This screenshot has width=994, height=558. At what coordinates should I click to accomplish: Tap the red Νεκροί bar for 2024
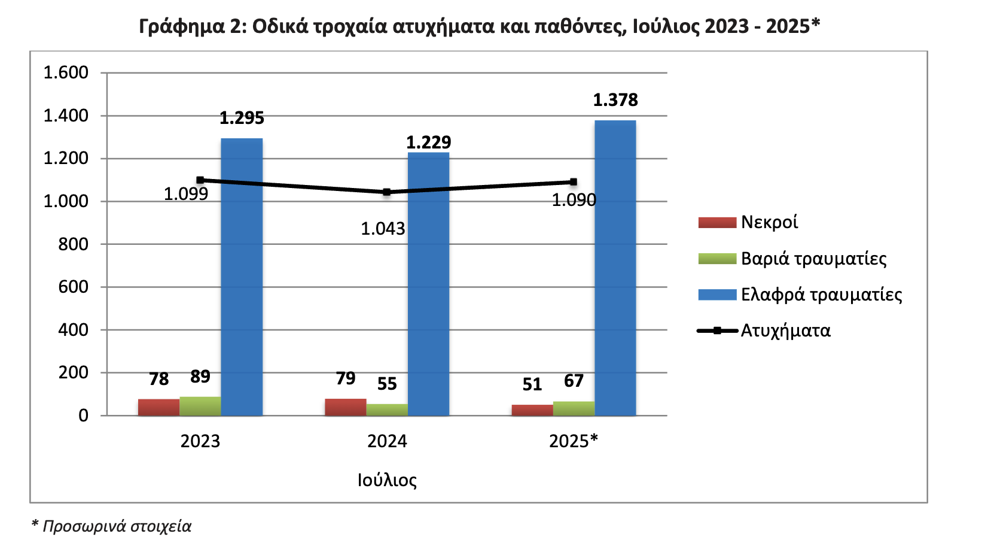[x=345, y=407]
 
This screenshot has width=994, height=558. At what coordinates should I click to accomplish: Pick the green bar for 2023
[x=200, y=406]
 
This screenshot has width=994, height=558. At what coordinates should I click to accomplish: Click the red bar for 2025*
[x=532, y=410]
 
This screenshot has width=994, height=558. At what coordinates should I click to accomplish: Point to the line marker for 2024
[x=386, y=192]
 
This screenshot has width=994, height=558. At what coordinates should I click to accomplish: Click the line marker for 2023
[x=200, y=180]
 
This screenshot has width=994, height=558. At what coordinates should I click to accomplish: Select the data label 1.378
[x=615, y=100]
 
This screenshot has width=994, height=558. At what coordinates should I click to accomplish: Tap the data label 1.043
[x=383, y=229]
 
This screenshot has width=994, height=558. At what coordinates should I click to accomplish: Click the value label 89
[x=200, y=377]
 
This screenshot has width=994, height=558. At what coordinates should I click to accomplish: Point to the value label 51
[x=532, y=384]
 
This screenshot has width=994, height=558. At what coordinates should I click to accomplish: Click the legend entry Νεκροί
[x=769, y=222]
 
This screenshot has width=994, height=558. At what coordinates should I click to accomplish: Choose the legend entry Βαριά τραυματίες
[x=813, y=259]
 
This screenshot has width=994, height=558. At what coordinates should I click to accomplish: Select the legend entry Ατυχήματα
[x=785, y=330]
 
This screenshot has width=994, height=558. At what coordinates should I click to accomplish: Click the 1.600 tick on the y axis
[x=66, y=73]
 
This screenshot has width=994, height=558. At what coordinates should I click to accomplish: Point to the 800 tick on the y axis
[x=73, y=244]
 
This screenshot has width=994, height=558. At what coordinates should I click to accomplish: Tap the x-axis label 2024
[x=386, y=441]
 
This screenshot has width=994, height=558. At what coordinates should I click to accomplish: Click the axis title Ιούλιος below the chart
[x=386, y=480]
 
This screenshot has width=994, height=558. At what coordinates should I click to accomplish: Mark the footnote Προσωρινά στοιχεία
[x=116, y=526]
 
